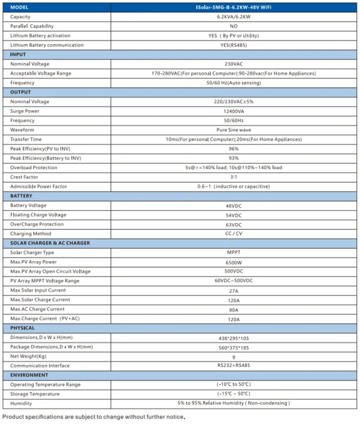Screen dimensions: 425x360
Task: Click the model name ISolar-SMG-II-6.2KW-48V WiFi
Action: click(x=233, y=7)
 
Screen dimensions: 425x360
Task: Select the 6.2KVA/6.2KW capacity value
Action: click(x=233, y=17)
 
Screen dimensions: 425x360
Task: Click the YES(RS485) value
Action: click(x=233, y=45)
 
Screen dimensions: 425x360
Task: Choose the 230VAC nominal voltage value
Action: click(x=233, y=64)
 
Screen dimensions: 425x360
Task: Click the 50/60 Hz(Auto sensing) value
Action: click(x=233, y=83)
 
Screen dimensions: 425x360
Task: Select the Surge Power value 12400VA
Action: click(x=233, y=111)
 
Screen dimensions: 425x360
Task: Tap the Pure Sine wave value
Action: click(x=233, y=130)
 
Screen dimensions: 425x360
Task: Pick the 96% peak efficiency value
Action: click(x=233, y=148)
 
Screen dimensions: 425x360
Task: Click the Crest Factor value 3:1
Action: click(x=233, y=177)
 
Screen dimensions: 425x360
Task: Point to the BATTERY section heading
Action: click(x=22, y=196)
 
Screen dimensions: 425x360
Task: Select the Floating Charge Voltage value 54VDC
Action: click(x=233, y=215)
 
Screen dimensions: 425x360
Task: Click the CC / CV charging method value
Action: click(x=233, y=234)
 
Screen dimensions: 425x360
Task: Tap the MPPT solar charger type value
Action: click(x=233, y=252)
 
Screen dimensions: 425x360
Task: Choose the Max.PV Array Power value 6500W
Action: click(x=233, y=262)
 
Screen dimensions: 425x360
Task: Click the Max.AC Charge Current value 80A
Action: click(x=233, y=309)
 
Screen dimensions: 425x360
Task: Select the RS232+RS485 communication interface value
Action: click(x=233, y=365)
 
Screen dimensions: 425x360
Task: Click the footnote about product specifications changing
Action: click(x=93, y=417)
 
